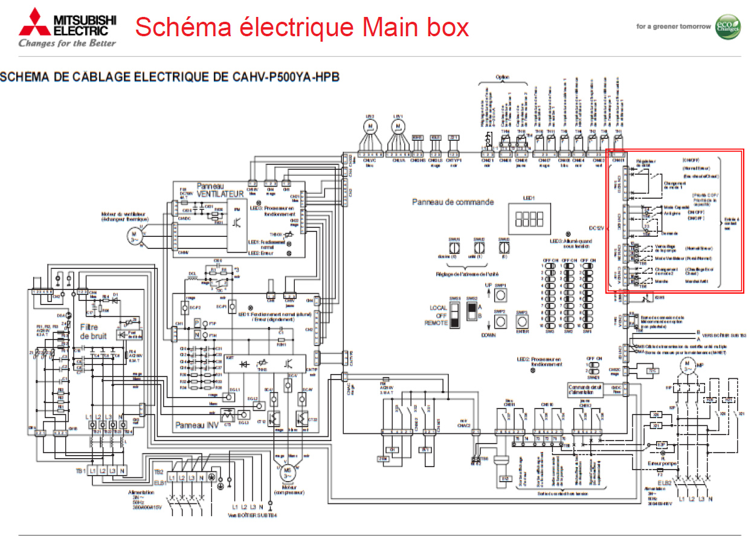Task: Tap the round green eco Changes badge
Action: pyautogui.click(x=727, y=27)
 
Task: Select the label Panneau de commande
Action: pyautogui.click(x=453, y=202)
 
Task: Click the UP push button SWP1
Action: pyautogui.click(x=500, y=294)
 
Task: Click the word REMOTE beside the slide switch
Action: pyautogui.click(x=436, y=323)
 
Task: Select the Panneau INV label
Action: pyautogui.click(x=196, y=425)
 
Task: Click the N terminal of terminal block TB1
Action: pyautogui.click(x=123, y=470)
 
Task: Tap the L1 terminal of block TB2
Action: pyautogui.click(x=172, y=478)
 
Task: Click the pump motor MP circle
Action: pyautogui.click(x=687, y=365)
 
